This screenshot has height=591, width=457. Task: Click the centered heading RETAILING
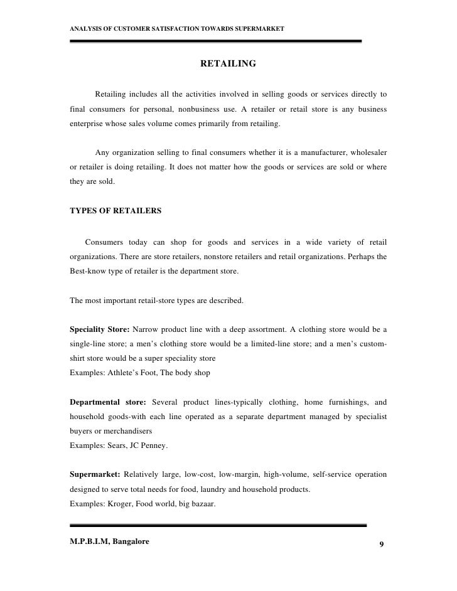[228, 63]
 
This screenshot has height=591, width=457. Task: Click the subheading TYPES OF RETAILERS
[115, 211]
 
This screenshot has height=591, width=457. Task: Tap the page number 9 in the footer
[381, 543]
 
